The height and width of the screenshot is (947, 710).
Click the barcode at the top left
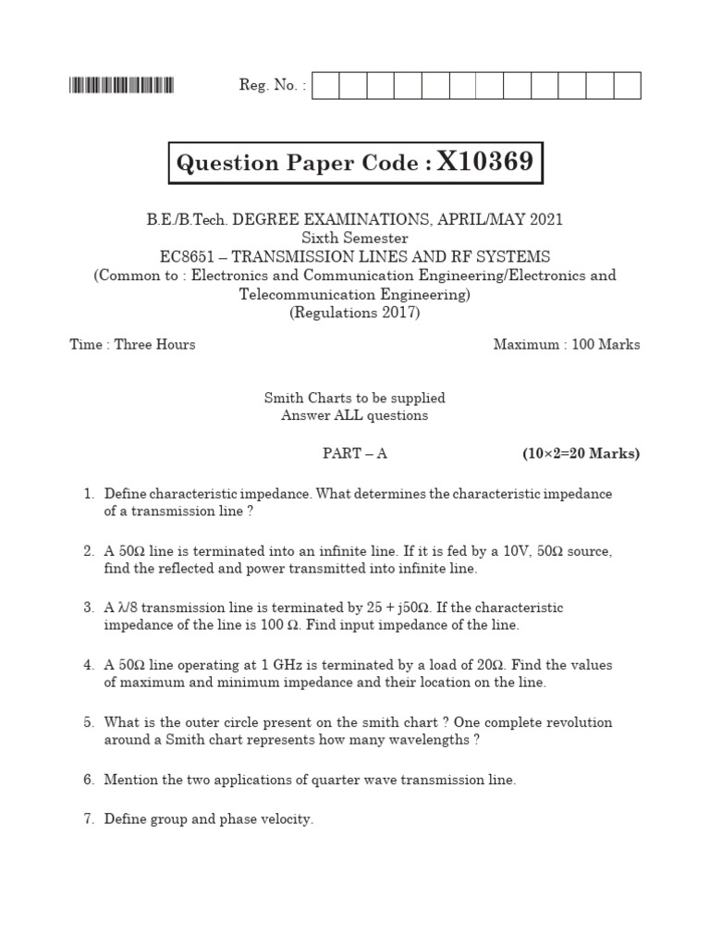(121, 86)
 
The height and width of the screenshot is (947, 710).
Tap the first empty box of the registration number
(326, 86)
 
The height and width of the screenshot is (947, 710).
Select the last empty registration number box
(627, 86)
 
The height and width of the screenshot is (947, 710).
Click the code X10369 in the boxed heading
(485, 164)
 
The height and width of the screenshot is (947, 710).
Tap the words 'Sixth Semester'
(355, 239)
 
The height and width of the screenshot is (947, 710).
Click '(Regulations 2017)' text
(355, 313)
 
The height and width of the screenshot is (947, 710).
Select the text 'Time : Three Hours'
(133, 345)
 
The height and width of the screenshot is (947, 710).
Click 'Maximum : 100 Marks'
(566, 345)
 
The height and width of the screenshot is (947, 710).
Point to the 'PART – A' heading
(355, 453)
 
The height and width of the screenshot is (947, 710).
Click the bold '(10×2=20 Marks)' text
(581, 453)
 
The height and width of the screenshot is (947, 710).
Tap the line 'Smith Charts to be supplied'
(355, 398)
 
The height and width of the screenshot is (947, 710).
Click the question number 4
(89, 665)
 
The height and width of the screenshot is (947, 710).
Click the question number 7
(89, 818)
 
